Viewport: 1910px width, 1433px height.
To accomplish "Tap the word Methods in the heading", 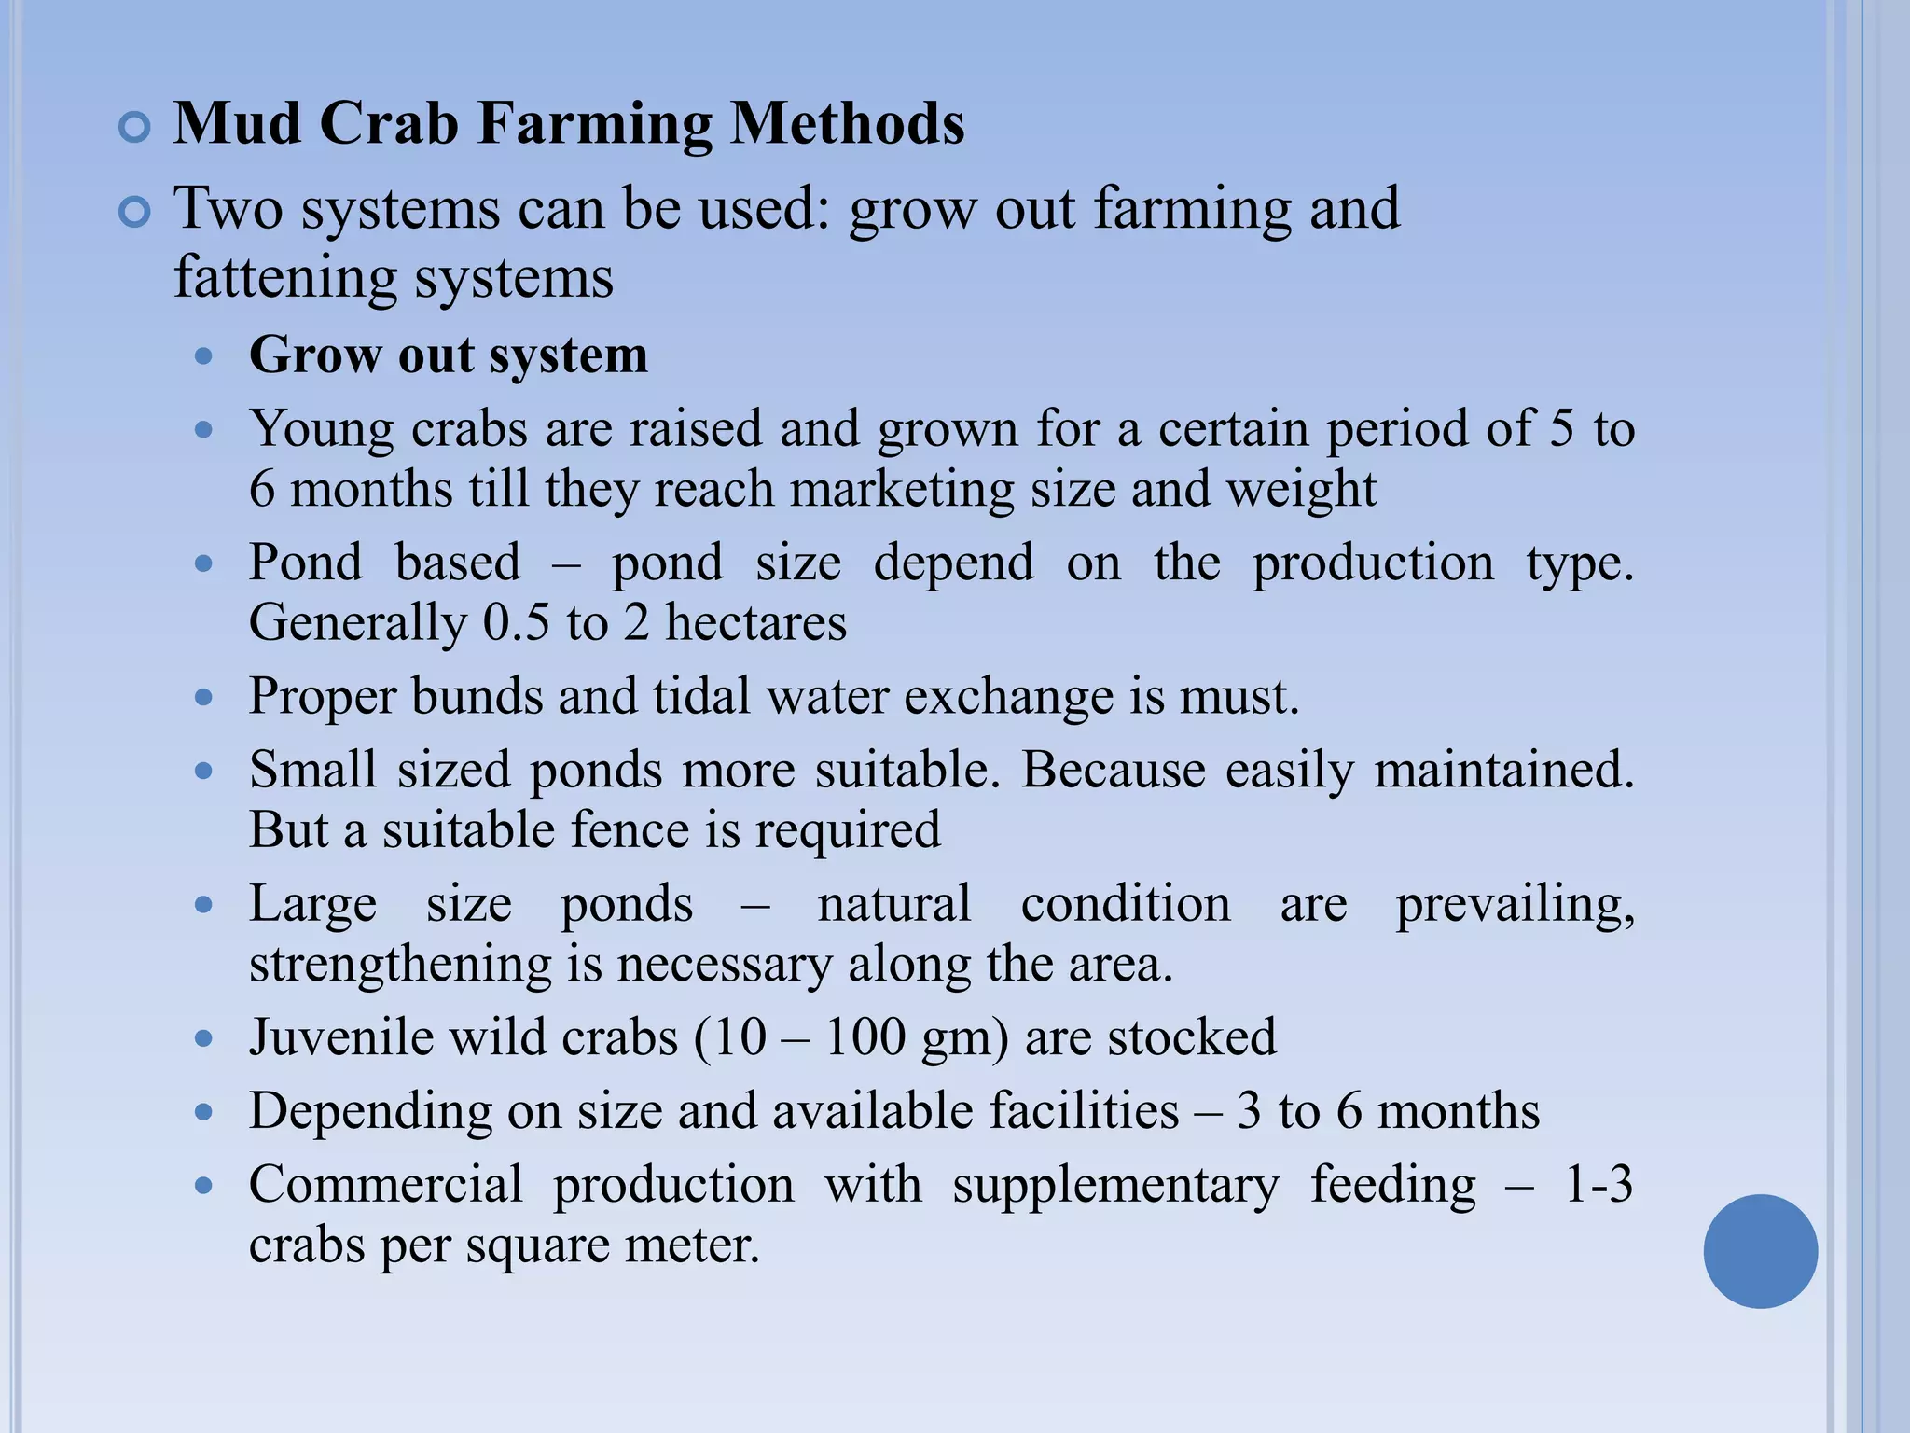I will coord(847,124).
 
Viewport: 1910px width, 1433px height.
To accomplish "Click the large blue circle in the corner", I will coord(1760,1251).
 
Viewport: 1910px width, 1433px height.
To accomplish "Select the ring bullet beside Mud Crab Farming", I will coord(135,128).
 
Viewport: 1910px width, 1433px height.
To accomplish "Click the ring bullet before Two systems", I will coord(135,213).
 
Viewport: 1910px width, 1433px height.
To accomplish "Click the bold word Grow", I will coord(315,355).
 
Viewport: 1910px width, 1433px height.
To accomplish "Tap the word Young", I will coord(322,430).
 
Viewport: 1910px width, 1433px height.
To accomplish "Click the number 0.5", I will coord(516,622).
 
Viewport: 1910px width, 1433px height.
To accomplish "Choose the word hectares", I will coord(755,622).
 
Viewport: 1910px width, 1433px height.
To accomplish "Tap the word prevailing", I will coord(1515,905).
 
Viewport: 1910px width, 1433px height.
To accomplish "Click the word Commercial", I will coord(386,1185).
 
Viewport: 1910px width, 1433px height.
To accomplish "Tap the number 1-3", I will coord(1599,1185).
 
